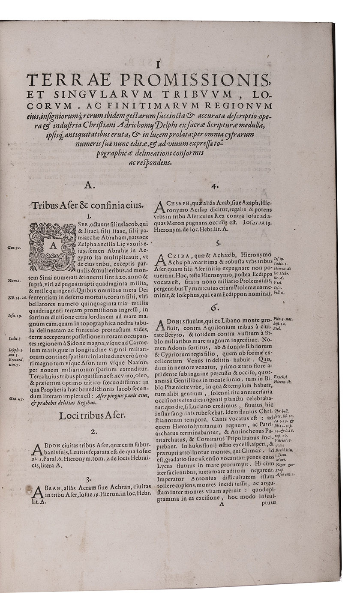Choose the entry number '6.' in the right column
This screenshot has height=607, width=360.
[214, 307]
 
